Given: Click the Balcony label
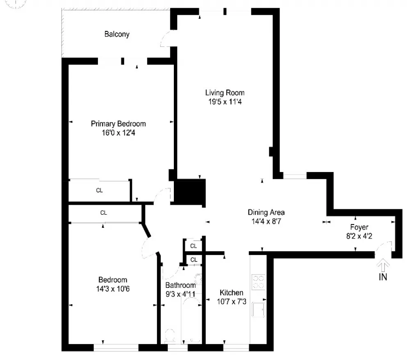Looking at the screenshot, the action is click(x=117, y=34).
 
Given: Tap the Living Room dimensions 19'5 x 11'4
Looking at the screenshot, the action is click(x=225, y=101).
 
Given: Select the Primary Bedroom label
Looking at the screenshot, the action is click(x=118, y=124).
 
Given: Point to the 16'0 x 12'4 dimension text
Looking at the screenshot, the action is click(x=118, y=133).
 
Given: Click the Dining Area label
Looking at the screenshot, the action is click(x=266, y=212).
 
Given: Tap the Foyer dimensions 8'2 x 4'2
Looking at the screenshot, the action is click(x=359, y=236).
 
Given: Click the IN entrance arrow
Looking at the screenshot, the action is click(x=383, y=265).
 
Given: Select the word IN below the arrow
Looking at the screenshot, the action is click(x=383, y=277).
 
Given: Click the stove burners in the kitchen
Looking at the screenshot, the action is click(x=258, y=282).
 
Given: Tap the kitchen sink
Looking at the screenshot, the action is click(x=258, y=310).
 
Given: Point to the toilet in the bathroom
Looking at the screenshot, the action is click(x=170, y=335).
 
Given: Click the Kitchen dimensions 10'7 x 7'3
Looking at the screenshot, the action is click(x=231, y=302).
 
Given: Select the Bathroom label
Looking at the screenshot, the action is click(x=180, y=285).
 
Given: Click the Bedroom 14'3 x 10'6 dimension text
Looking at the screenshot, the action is click(x=113, y=289).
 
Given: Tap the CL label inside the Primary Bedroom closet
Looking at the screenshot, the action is click(x=99, y=190).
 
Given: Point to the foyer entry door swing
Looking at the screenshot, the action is click(x=382, y=245).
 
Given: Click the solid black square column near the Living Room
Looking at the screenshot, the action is click(x=190, y=192).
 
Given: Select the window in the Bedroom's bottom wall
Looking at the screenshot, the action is click(x=116, y=347).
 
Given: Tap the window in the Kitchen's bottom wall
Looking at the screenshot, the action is click(x=236, y=347).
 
